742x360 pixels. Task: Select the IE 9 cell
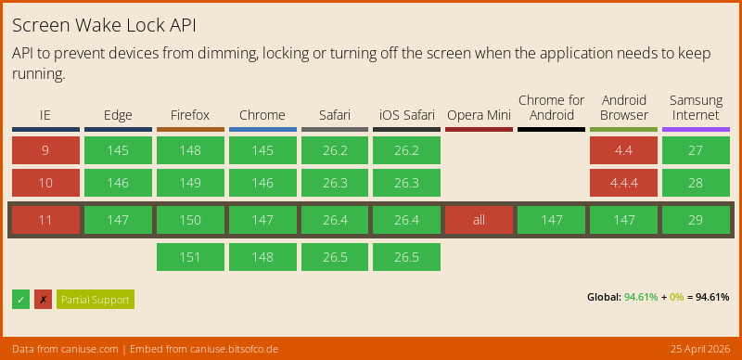(x=45, y=150)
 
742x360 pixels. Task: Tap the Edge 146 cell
(x=118, y=183)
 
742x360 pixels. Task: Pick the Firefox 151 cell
(x=190, y=257)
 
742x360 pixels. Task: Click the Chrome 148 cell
(x=262, y=257)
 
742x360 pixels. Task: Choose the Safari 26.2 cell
(x=335, y=150)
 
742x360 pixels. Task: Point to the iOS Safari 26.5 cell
(x=406, y=257)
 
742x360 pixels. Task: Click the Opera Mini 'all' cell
(x=479, y=220)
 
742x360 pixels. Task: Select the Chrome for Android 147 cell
(x=551, y=220)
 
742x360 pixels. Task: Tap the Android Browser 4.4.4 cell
(x=623, y=183)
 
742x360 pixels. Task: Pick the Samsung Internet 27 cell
(x=696, y=150)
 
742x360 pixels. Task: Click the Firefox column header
(x=190, y=115)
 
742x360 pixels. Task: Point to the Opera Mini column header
(x=479, y=115)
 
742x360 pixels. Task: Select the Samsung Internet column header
(x=696, y=108)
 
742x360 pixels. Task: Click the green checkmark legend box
(x=20, y=299)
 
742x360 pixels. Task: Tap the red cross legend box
(x=43, y=299)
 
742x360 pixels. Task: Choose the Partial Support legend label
(x=96, y=299)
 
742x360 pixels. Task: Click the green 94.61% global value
(x=641, y=298)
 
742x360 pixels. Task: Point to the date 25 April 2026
(x=699, y=349)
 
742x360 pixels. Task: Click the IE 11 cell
(x=45, y=220)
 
